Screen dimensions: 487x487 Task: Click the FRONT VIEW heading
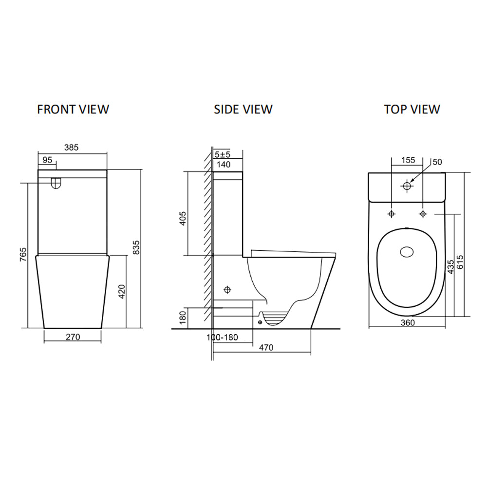pyautogui.click(x=73, y=109)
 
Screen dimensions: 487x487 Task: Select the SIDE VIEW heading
pyautogui.click(x=243, y=109)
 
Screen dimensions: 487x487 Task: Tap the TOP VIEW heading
pyautogui.click(x=412, y=109)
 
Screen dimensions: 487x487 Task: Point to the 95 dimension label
pyautogui.click(x=47, y=160)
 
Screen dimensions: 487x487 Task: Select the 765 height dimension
pyautogui.click(x=23, y=254)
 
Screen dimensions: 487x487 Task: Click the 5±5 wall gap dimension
pyautogui.click(x=223, y=154)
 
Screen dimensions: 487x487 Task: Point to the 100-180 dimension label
pyautogui.click(x=223, y=337)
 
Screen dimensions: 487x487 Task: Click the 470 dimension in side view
pyautogui.click(x=266, y=347)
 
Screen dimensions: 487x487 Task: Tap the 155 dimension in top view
pyautogui.click(x=409, y=160)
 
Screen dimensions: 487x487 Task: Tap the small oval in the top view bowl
pyautogui.click(x=406, y=252)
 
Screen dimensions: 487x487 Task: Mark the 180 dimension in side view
pyautogui.click(x=183, y=318)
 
